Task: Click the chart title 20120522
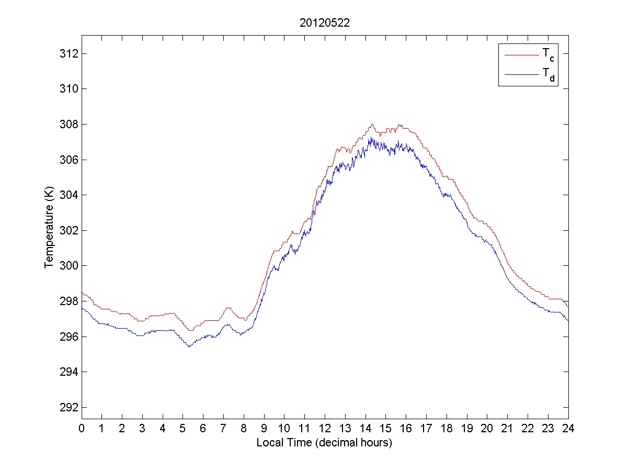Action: pyautogui.click(x=324, y=23)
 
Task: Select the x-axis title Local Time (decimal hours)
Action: pyautogui.click(x=324, y=443)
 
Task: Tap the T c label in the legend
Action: pyautogui.click(x=547, y=54)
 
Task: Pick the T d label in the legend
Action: pyautogui.click(x=547, y=76)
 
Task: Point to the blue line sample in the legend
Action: pyautogui.click(x=521, y=75)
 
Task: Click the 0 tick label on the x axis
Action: pyautogui.click(x=82, y=428)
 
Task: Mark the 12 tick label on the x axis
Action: pyautogui.click(x=325, y=428)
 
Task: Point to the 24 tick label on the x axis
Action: pyautogui.click(x=568, y=428)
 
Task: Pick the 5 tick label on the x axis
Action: pyautogui.click(x=183, y=428)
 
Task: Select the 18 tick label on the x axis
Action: pyautogui.click(x=447, y=428)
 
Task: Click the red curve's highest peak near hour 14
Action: pyautogui.click(x=372, y=124)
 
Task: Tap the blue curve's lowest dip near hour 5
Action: pyautogui.click(x=189, y=346)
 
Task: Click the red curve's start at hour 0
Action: pyautogui.click(x=82, y=292)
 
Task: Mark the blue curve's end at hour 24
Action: pyautogui.click(x=568, y=320)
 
